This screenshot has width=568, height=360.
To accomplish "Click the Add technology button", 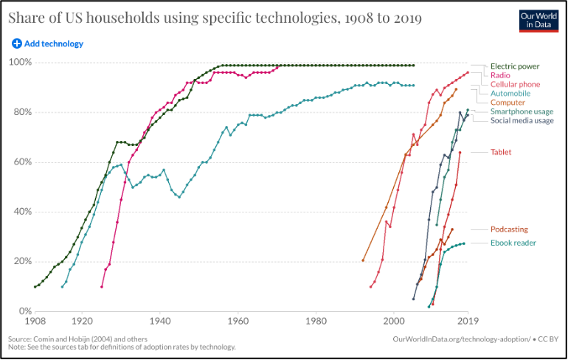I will click(47, 44).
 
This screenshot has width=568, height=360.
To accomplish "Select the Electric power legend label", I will click(515, 66).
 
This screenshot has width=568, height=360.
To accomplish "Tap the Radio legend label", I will click(501, 75).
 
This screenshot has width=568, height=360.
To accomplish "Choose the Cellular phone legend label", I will click(515, 85).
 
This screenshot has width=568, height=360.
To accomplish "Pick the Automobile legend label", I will click(510, 94).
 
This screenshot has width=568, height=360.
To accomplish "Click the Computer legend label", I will click(508, 103).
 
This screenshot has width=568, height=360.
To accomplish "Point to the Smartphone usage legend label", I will click(522, 112).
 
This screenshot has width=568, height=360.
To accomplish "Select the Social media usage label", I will click(522, 121).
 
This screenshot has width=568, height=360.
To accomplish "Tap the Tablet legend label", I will click(501, 152).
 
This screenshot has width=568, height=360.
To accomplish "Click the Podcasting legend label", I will click(509, 229).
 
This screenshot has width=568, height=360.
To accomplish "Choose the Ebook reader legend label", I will click(513, 243).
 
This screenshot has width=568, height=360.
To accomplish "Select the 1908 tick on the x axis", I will click(35, 322).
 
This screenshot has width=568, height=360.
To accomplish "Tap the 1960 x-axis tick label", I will click(238, 322).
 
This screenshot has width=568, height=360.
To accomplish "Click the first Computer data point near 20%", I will click(363, 260).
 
